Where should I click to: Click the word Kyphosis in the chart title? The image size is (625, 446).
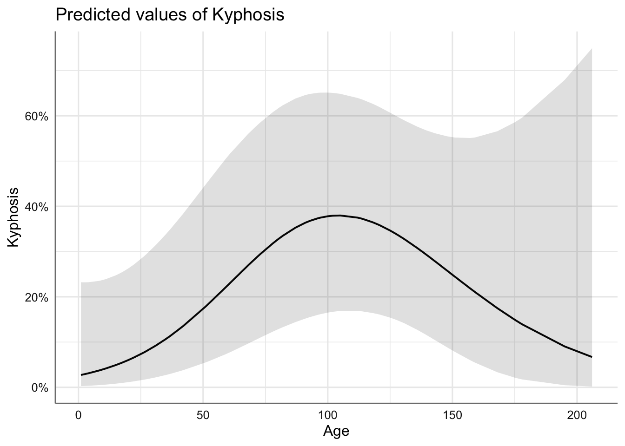pyautogui.click(x=248, y=15)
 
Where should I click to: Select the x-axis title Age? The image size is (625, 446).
pyautogui.click(x=336, y=431)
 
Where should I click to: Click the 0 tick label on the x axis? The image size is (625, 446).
pyautogui.click(x=79, y=414)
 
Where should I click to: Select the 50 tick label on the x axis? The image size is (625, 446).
pyautogui.click(x=203, y=414)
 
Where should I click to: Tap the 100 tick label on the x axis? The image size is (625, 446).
pyautogui.click(x=327, y=414)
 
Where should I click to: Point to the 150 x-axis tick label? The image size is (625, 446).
pyautogui.click(x=452, y=414)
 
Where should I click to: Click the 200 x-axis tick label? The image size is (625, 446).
pyautogui.click(x=577, y=414)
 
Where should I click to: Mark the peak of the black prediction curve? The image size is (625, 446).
pyautogui.click(x=339, y=216)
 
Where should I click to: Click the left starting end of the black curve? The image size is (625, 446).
pyautogui.click(x=81, y=374)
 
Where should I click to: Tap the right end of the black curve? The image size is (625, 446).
pyautogui.click(x=592, y=357)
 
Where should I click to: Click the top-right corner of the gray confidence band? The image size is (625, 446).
pyautogui.click(x=591, y=49)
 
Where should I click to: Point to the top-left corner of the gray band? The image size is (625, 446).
pyautogui.click(x=81, y=282)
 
